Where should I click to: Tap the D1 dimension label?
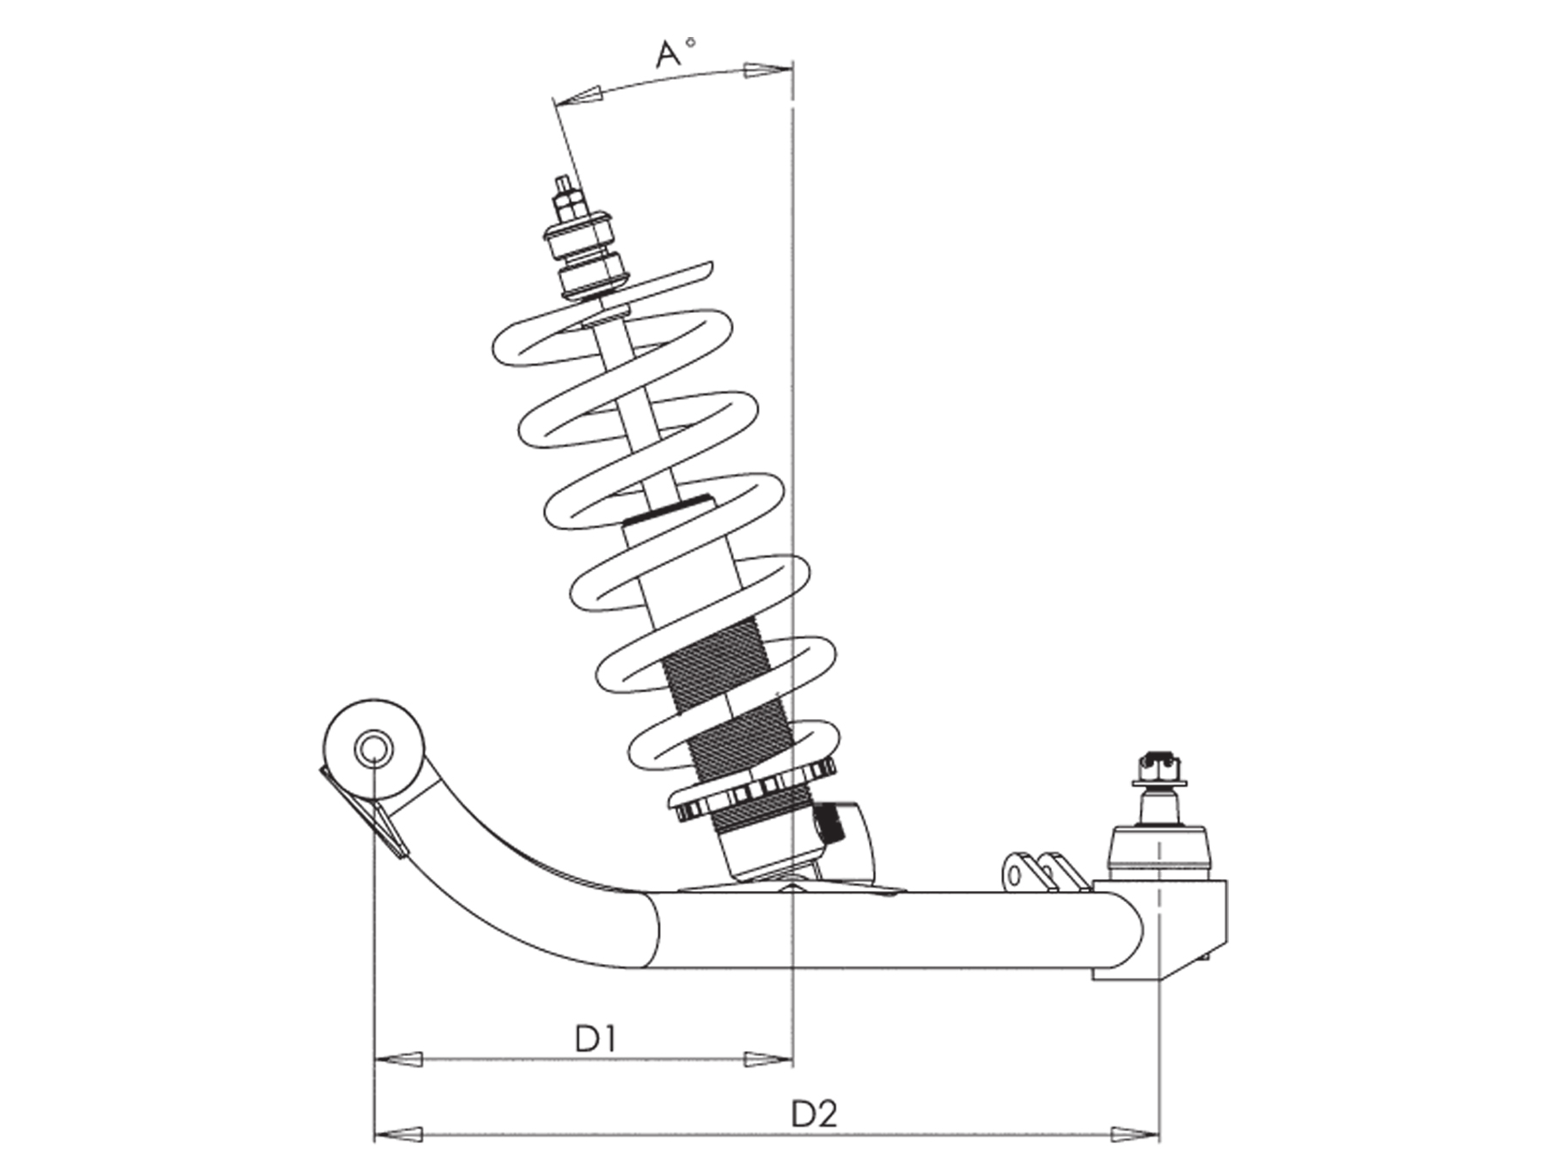pos(596,1039)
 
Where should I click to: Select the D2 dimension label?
pos(814,1115)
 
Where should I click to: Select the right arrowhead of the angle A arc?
pos(767,71)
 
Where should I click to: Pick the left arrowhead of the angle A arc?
pos(578,96)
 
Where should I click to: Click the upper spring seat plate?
pos(640,283)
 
